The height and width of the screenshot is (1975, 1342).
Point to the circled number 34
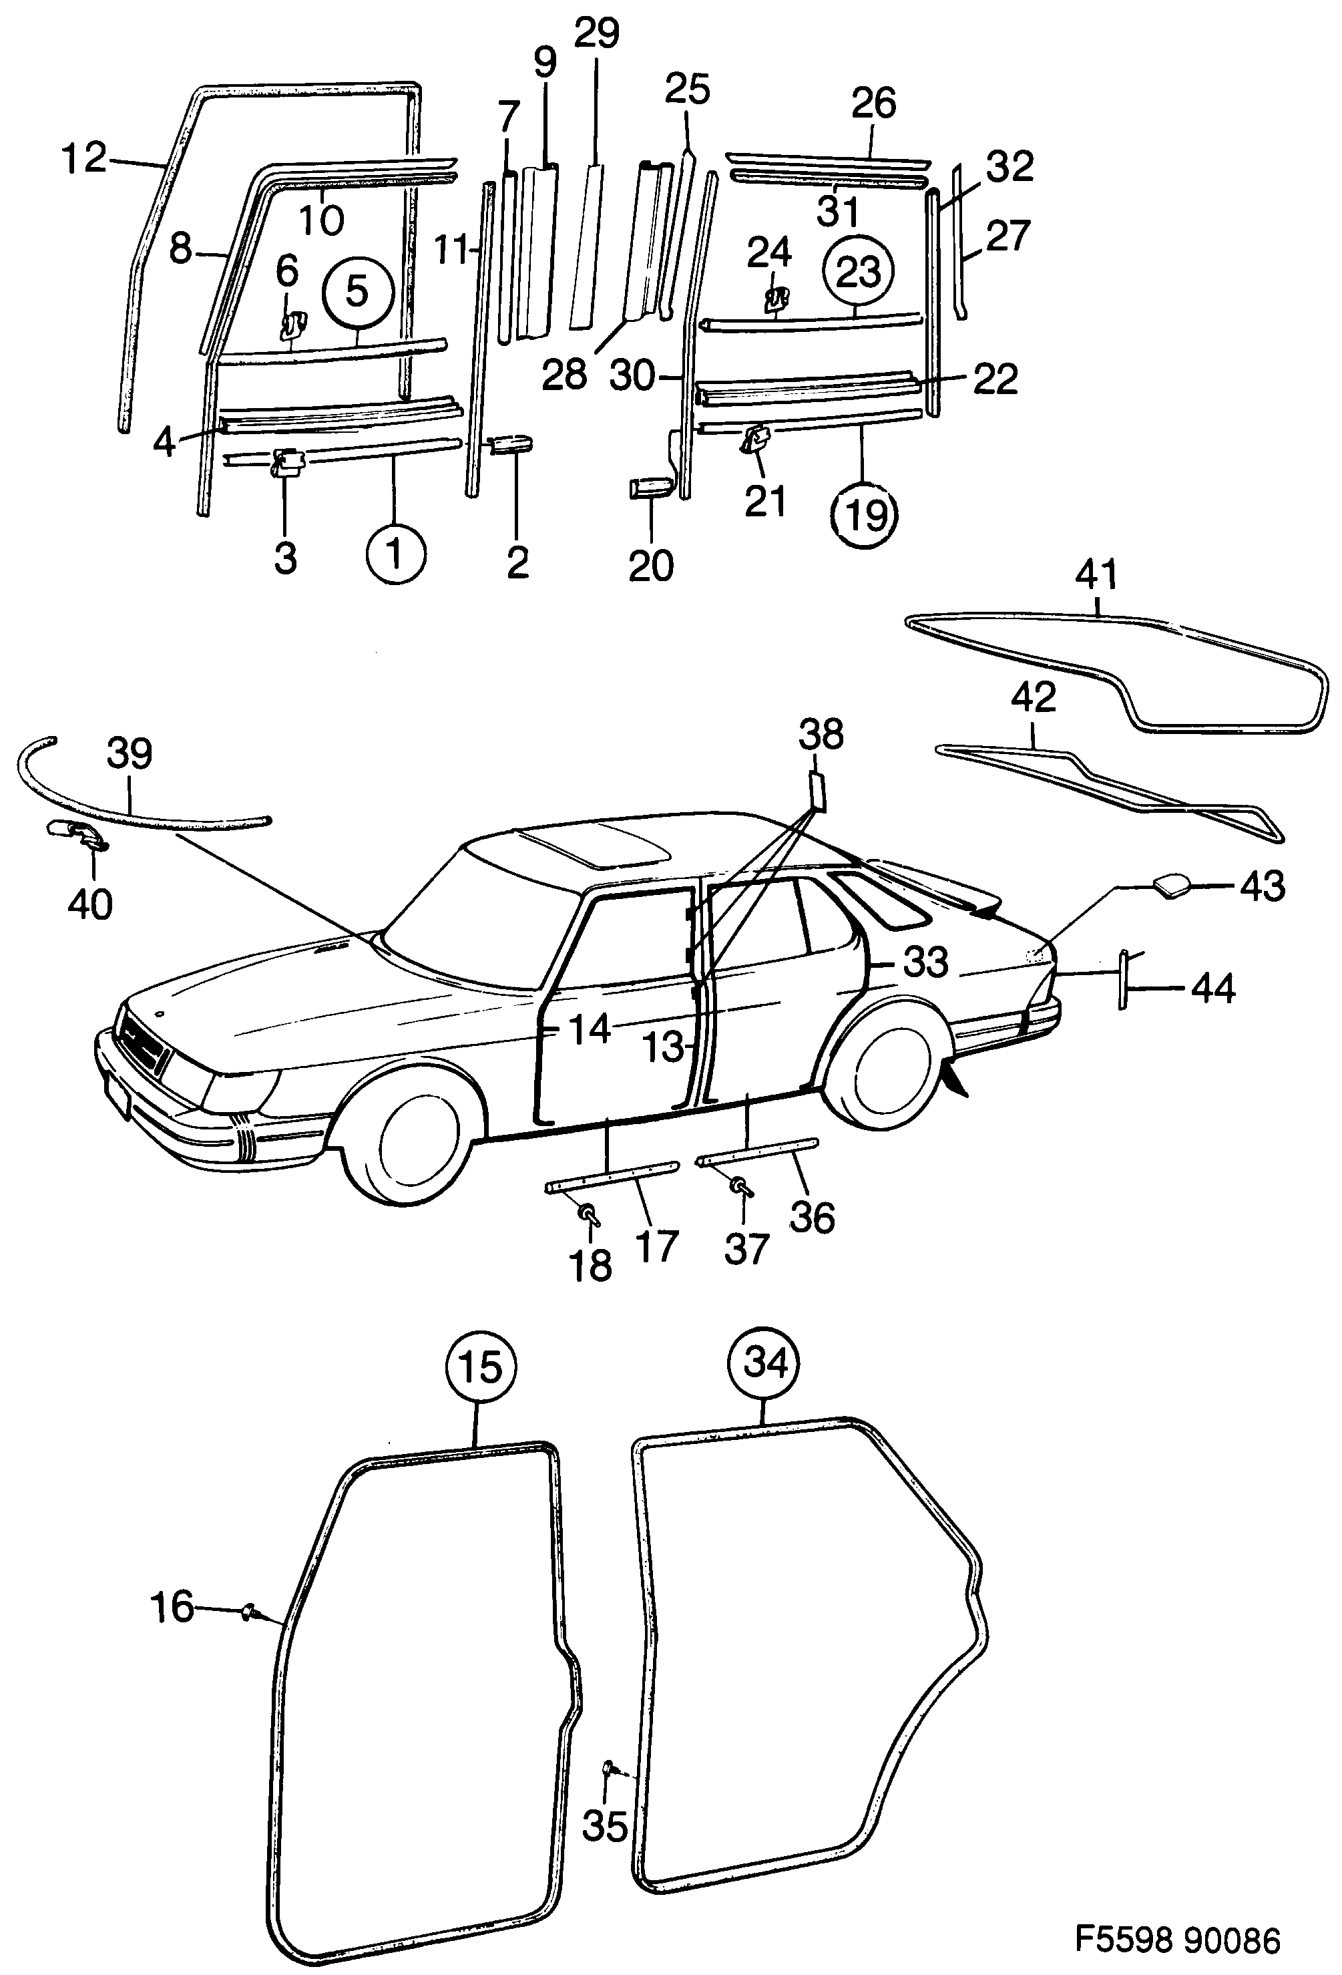point(764,1363)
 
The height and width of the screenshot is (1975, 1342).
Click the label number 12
point(84,158)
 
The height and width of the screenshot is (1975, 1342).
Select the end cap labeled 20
point(650,488)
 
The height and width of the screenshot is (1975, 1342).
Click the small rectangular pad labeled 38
point(817,787)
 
